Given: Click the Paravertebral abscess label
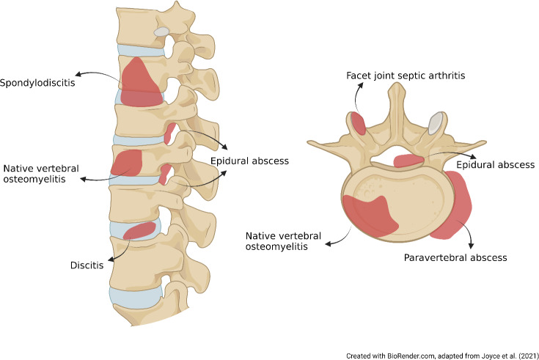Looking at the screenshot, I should point(455,257).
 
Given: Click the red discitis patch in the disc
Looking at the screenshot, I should point(139,231).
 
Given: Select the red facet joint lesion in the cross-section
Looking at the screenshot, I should point(358,124).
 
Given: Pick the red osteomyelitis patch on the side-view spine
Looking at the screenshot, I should point(126,162).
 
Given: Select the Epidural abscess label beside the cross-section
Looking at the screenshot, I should point(496,164).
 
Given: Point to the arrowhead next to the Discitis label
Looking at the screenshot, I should point(111,258).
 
